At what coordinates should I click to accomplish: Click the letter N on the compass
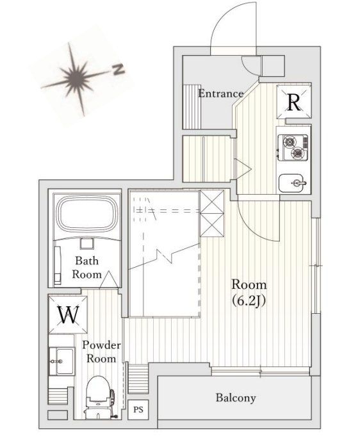[119, 70]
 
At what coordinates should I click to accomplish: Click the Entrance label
[221, 93]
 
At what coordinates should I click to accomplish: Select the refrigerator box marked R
[294, 102]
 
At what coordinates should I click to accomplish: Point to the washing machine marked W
[68, 314]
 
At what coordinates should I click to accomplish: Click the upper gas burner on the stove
[289, 142]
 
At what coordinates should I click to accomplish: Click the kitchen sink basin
[291, 183]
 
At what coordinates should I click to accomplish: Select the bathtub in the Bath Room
[86, 214]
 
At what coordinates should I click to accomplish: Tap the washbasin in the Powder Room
[61, 361]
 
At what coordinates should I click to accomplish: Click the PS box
[138, 410]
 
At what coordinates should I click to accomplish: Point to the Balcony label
[236, 398]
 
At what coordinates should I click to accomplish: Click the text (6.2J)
[249, 301]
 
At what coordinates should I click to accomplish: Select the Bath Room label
[87, 268]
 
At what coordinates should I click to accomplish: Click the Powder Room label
[101, 352]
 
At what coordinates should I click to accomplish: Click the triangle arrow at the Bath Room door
[109, 279]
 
